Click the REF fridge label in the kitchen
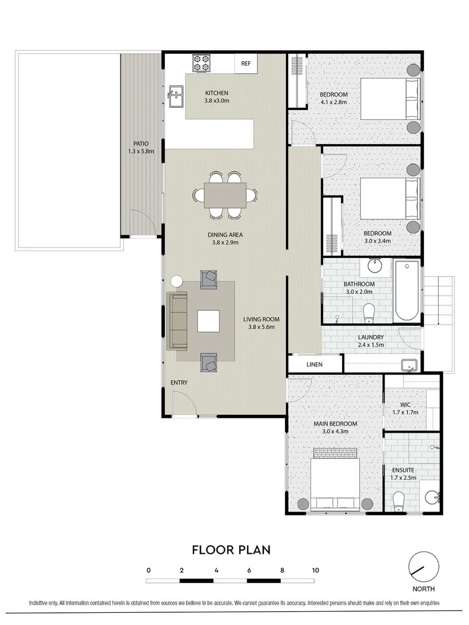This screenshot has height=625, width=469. [x=246, y=64]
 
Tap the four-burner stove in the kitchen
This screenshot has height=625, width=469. [x=201, y=63]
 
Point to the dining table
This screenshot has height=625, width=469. [x=225, y=194]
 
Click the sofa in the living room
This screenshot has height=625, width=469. [x=177, y=321]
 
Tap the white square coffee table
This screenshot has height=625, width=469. [x=208, y=321]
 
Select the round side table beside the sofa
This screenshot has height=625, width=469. [x=177, y=281]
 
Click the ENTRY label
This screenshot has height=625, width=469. [x=179, y=383]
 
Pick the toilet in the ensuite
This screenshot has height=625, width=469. [x=398, y=500]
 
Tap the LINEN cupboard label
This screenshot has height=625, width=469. [x=314, y=365]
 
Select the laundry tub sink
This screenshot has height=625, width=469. [x=410, y=365]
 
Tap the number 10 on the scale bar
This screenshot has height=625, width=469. [x=316, y=570]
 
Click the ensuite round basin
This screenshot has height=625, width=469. [x=431, y=497]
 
